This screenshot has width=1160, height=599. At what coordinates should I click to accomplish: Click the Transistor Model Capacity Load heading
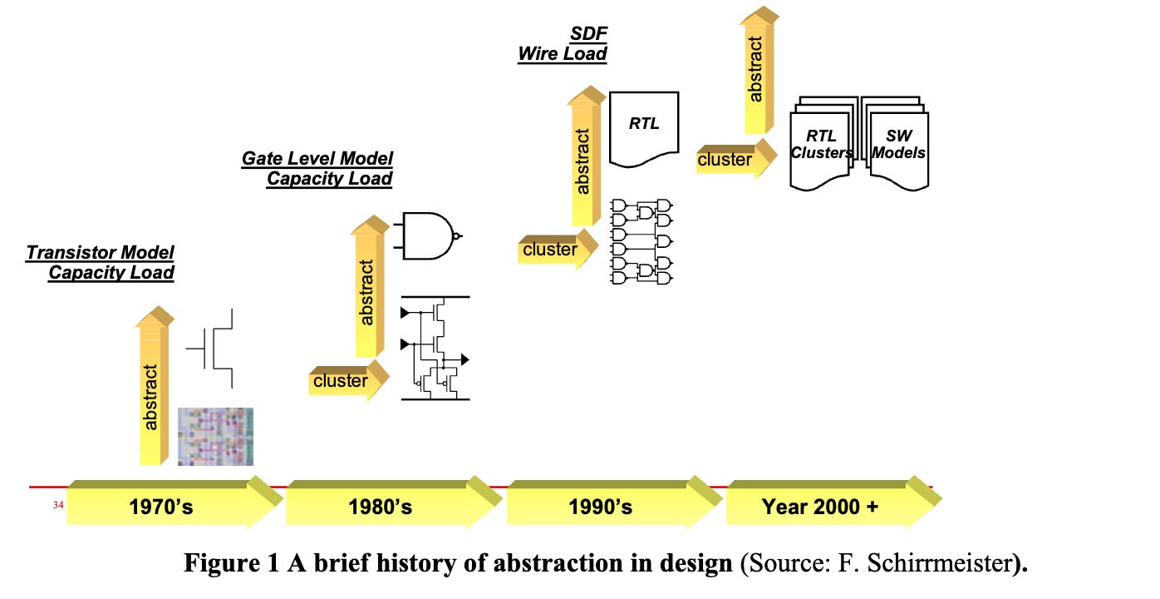pos(101,262)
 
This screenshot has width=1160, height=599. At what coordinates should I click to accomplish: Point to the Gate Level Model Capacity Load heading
pos(318,168)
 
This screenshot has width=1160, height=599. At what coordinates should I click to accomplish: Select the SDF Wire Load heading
pos(563,44)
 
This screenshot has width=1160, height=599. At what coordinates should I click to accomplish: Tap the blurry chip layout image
pos(215,436)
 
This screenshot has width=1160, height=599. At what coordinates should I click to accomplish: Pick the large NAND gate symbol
pos(430,235)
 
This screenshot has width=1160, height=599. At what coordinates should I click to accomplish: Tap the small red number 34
pos(58,504)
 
